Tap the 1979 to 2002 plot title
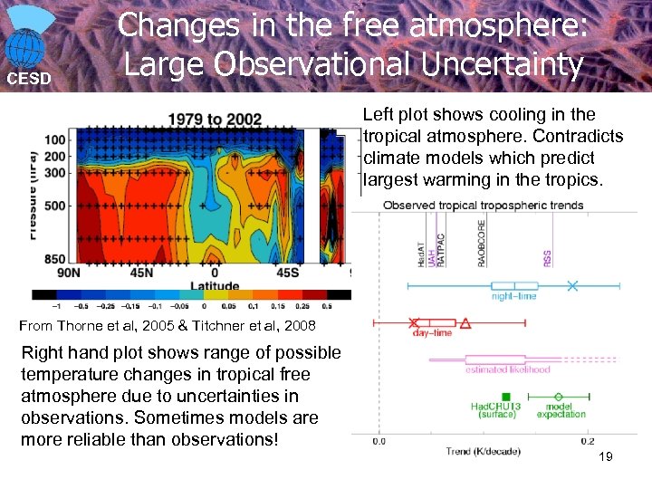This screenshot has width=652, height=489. (x=214, y=119)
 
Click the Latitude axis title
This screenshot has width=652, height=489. (x=214, y=285)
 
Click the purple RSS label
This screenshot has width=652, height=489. (x=547, y=258)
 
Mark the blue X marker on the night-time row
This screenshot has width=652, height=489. (x=572, y=286)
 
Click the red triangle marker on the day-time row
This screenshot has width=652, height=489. (x=465, y=322)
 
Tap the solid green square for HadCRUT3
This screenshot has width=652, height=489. (x=506, y=396)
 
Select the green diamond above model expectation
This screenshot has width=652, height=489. (x=559, y=396)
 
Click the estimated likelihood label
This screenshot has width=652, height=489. (x=507, y=369)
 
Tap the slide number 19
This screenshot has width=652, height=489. (x=606, y=457)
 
